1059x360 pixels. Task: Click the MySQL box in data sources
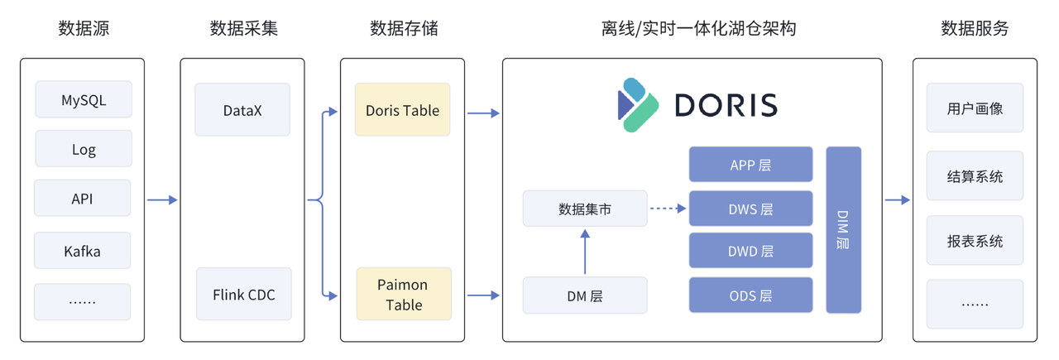[84, 99]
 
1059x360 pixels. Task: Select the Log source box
[84, 149]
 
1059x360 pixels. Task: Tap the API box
[83, 199]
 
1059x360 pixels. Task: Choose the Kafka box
[83, 251]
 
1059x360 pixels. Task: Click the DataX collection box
[242, 109]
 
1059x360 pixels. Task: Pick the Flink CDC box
[244, 294]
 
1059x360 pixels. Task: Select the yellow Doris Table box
[403, 109]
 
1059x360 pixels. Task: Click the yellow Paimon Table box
[404, 294]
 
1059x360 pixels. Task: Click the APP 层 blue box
[750, 165]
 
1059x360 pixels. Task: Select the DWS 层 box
[750, 209]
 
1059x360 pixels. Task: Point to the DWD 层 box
[750, 251]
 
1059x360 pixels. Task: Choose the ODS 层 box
[750, 295]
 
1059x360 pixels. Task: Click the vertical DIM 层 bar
[843, 230]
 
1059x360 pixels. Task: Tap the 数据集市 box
[585, 209]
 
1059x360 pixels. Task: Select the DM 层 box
[585, 295]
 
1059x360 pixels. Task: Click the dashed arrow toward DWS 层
[667, 209]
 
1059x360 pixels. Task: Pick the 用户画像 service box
[975, 108]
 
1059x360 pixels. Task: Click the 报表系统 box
[975, 241]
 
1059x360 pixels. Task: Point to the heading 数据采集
[244, 29]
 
